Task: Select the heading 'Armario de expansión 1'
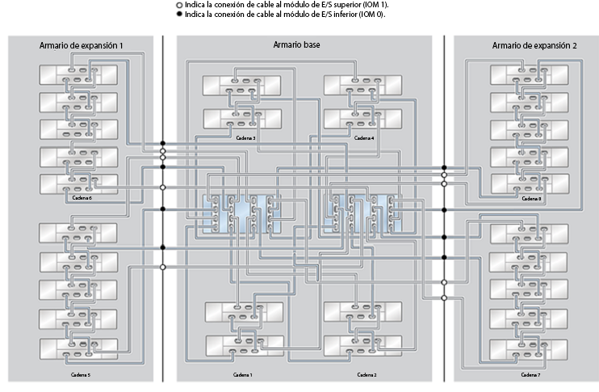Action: pyautogui.click(x=82, y=45)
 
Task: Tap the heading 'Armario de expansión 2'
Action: pyautogui.click(x=534, y=45)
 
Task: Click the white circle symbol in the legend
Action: pyautogui.click(x=179, y=5)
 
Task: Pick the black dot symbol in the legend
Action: pyautogui.click(x=179, y=14)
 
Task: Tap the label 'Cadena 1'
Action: pyautogui.click(x=243, y=375)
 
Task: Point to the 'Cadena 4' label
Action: pyautogui.click(x=365, y=138)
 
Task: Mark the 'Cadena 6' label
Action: pyautogui.click(x=82, y=197)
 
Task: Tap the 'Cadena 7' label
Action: pyautogui.click(x=530, y=375)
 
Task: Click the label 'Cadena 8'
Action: pyautogui.click(x=530, y=197)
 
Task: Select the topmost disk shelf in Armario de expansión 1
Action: pyautogui.click(x=77, y=76)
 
